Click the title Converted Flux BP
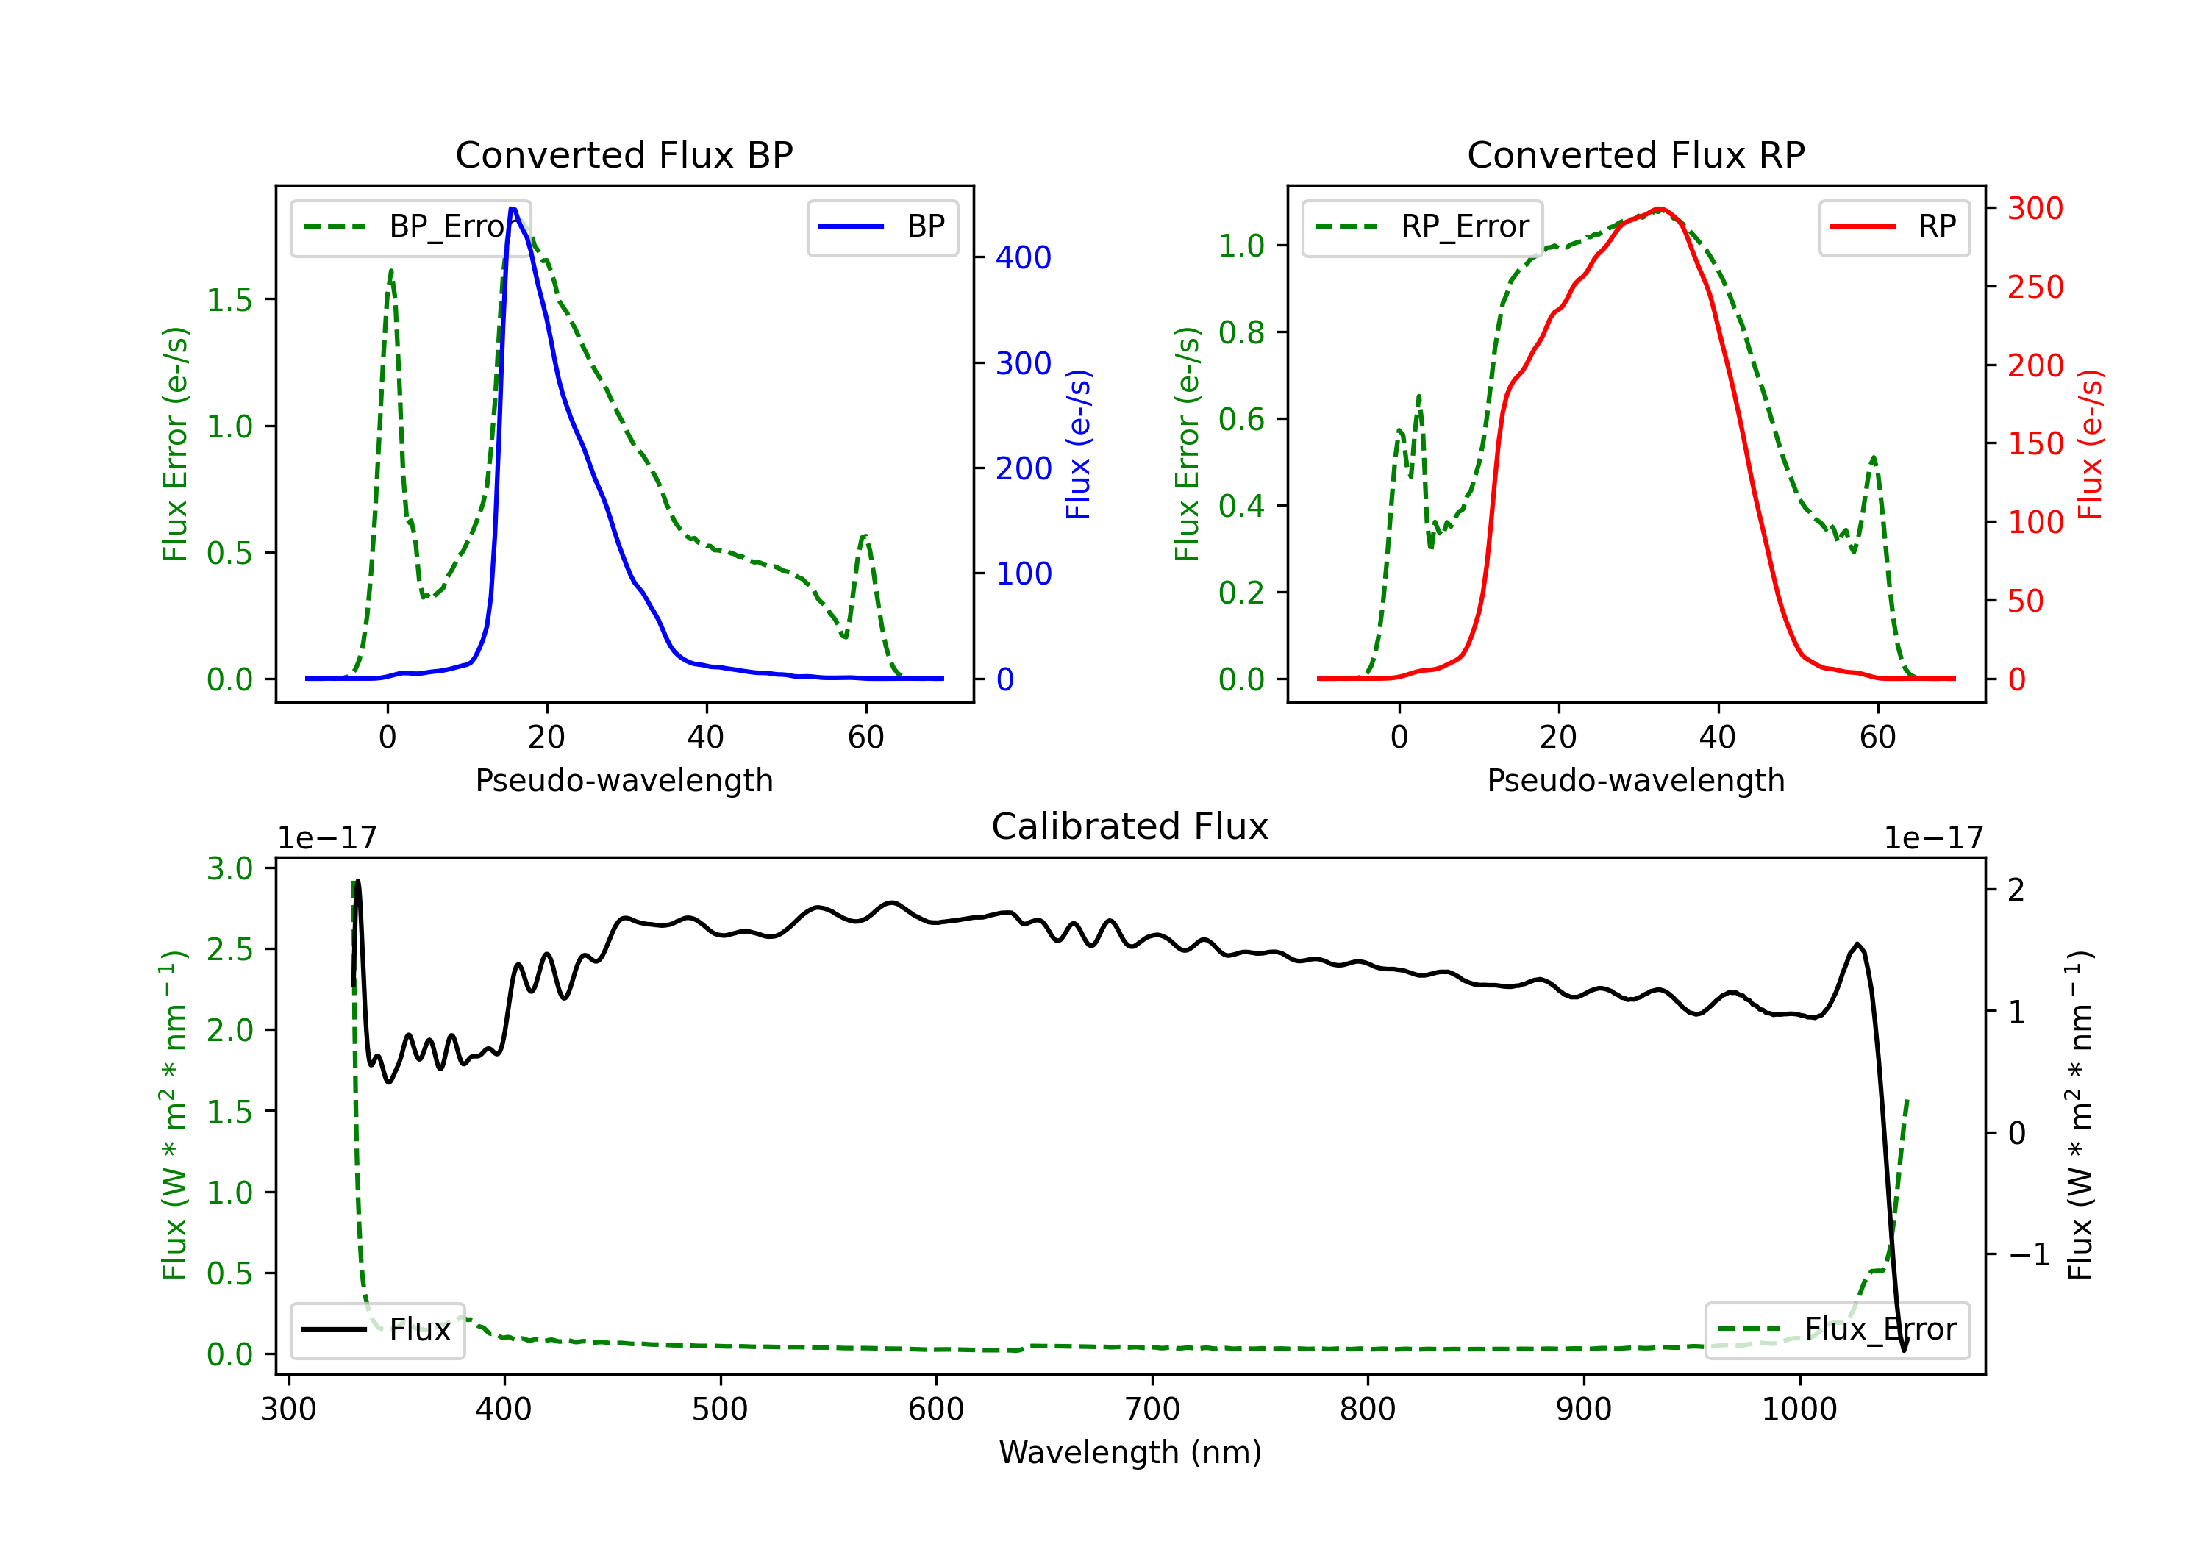(624, 154)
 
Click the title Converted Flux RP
(1636, 154)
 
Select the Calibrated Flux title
(1130, 826)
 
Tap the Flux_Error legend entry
(1837, 1330)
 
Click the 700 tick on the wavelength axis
(1152, 1409)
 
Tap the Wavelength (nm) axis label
(1130, 1453)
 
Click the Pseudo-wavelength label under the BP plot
(624, 781)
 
